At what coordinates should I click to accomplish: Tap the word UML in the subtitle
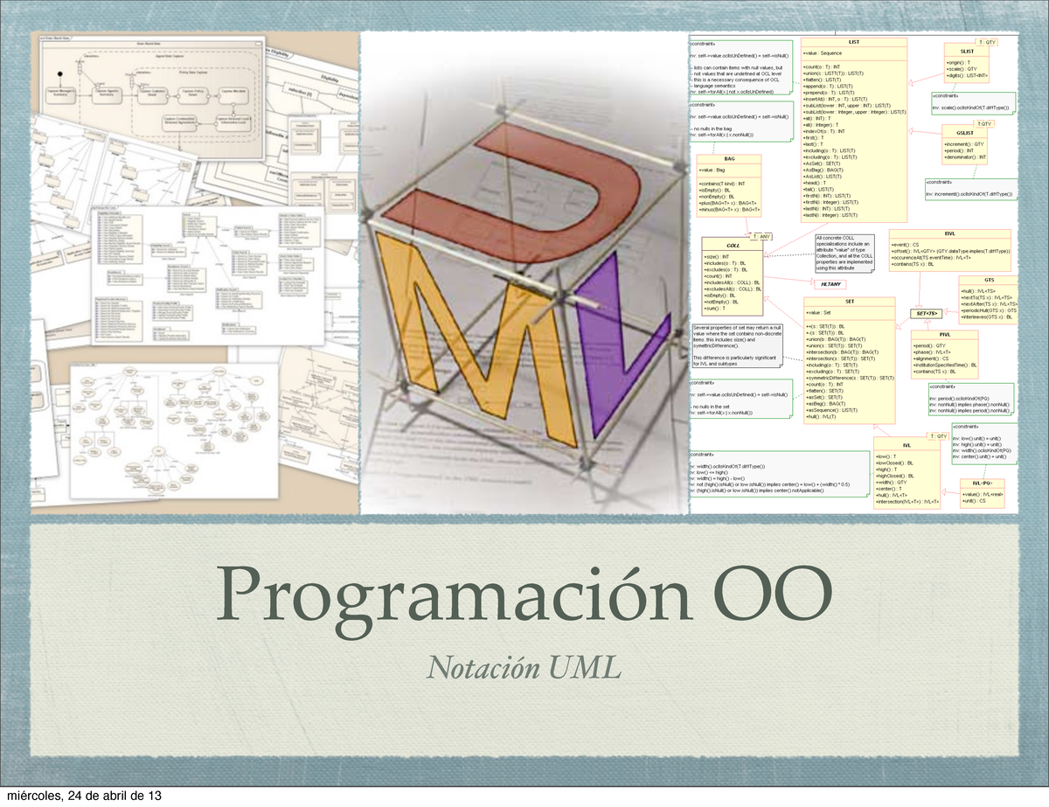coord(585,669)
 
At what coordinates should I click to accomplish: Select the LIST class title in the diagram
coord(853,42)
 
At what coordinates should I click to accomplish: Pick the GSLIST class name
coord(977,134)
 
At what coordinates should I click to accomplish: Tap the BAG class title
coord(728,159)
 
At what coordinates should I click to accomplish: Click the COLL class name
coord(733,246)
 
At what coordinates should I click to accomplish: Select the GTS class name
coord(989,280)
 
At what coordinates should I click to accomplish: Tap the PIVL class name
coord(945,335)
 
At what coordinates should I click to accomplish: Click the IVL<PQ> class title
coord(982,483)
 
